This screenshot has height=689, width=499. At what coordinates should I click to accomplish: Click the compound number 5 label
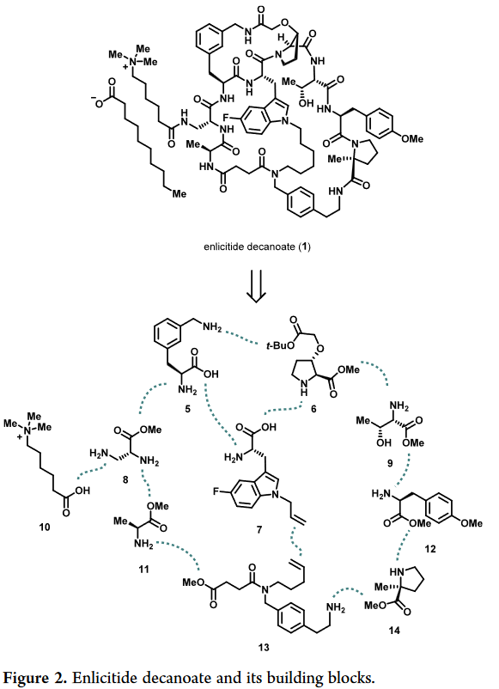click(187, 409)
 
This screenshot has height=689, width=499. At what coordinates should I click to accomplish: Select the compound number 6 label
click(313, 409)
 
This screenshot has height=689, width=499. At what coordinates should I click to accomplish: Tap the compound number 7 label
click(259, 530)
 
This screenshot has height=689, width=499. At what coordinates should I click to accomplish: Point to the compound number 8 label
click(125, 480)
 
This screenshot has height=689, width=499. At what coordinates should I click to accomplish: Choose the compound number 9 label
click(390, 463)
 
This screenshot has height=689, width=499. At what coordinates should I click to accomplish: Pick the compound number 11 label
click(143, 570)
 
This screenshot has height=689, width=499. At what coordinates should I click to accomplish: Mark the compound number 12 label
click(430, 549)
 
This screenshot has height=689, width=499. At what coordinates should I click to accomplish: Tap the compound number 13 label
click(264, 647)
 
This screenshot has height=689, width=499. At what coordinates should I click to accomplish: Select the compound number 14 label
click(394, 631)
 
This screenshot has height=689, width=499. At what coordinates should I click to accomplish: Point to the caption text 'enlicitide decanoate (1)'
click(257, 247)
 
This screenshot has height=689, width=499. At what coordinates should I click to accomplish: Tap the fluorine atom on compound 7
click(216, 491)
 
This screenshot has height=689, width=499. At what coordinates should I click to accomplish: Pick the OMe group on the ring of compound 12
click(472, 523)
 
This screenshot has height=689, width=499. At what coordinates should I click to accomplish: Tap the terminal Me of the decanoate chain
click(179, 193)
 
